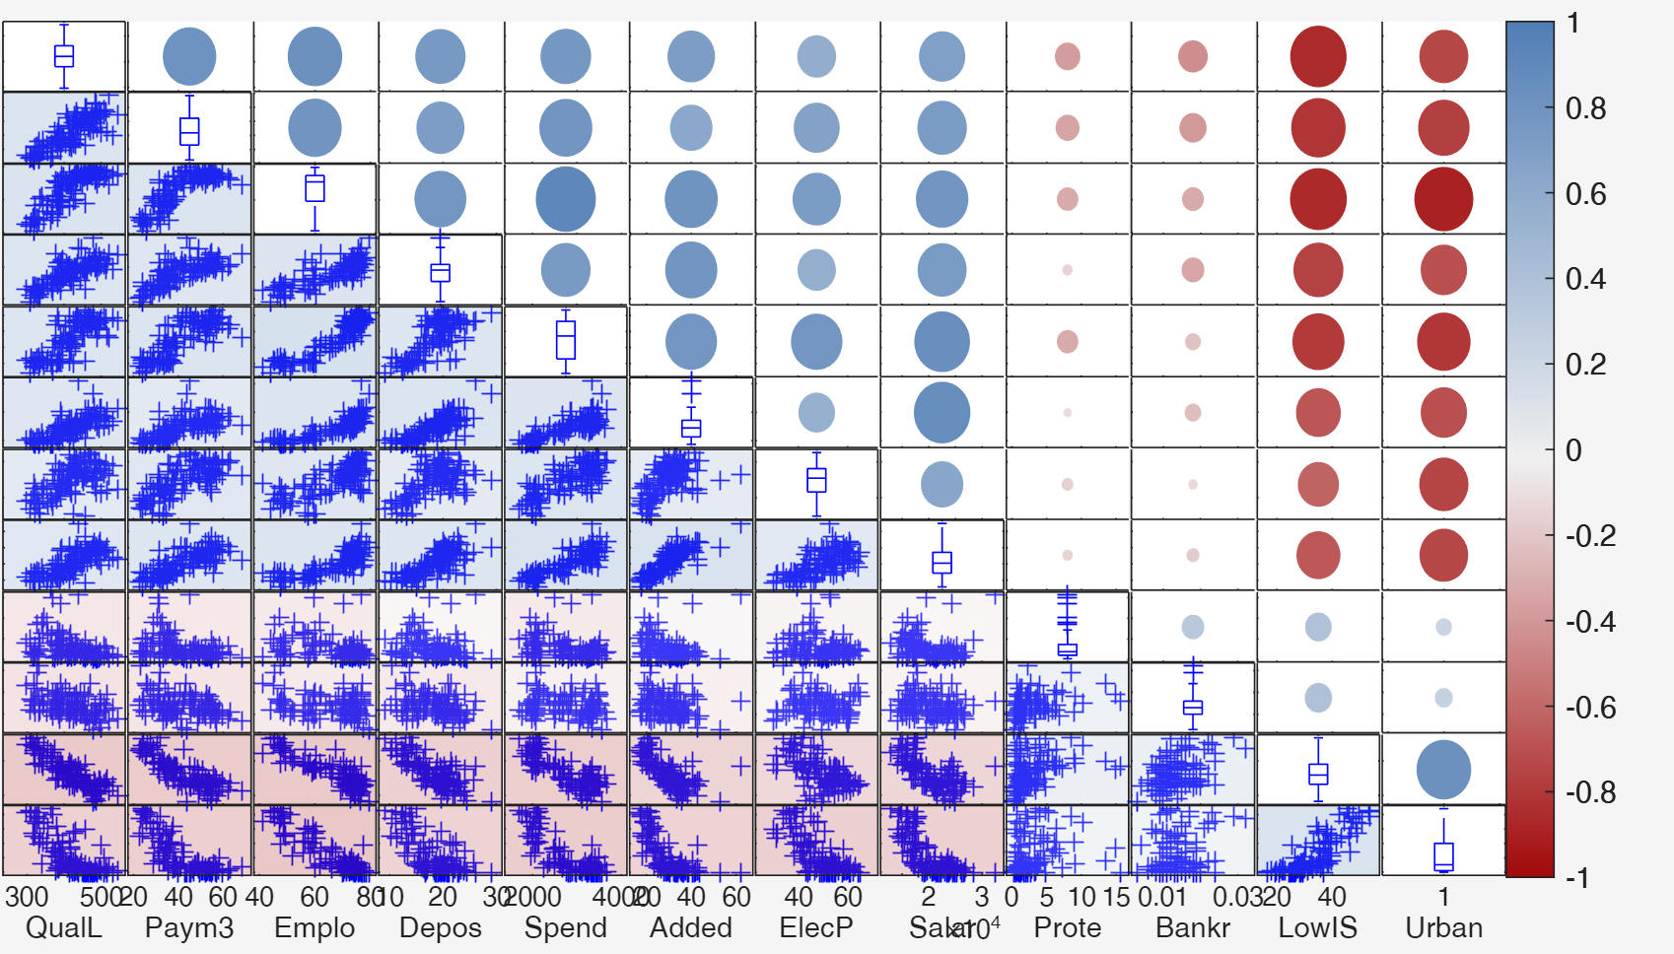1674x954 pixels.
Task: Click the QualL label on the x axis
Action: pos(63,927)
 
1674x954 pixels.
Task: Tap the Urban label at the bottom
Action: pos(1443,927)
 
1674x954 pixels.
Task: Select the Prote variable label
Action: pos(1067,927)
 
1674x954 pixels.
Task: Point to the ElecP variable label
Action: pos(815,927)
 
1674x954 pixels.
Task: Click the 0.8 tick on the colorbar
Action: pos(1585,108)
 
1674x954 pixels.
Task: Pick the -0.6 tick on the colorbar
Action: pos(1590,708)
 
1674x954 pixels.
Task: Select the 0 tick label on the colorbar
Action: pos(1573,450)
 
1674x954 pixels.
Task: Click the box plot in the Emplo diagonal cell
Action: pos(314,188)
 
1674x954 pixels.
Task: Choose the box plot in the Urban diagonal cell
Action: pos(1443,855)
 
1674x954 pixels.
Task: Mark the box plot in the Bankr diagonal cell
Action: pos(1193,707)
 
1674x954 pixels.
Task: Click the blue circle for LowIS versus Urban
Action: pos(1443,770)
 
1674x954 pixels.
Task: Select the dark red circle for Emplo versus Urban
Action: pos(1443,199)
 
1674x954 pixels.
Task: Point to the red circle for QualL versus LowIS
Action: pos(1318,56)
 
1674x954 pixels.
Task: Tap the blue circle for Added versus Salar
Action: pos(942,413)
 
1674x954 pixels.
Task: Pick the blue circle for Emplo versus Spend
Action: pos(565,199)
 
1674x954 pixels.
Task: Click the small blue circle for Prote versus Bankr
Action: pos(1193,626)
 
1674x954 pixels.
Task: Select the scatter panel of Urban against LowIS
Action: pos(1318,841)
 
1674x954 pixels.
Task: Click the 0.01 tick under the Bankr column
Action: pos(1161,897)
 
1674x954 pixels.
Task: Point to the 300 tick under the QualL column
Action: pos(27,897)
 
